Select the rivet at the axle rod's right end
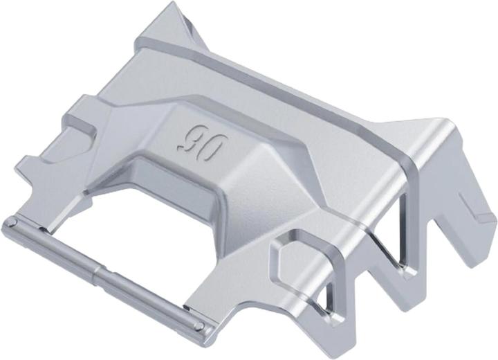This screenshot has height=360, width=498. coord(199,325)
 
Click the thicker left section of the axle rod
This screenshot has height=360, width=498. coord(54,245)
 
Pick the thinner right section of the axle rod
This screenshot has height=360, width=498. coord(151,299)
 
